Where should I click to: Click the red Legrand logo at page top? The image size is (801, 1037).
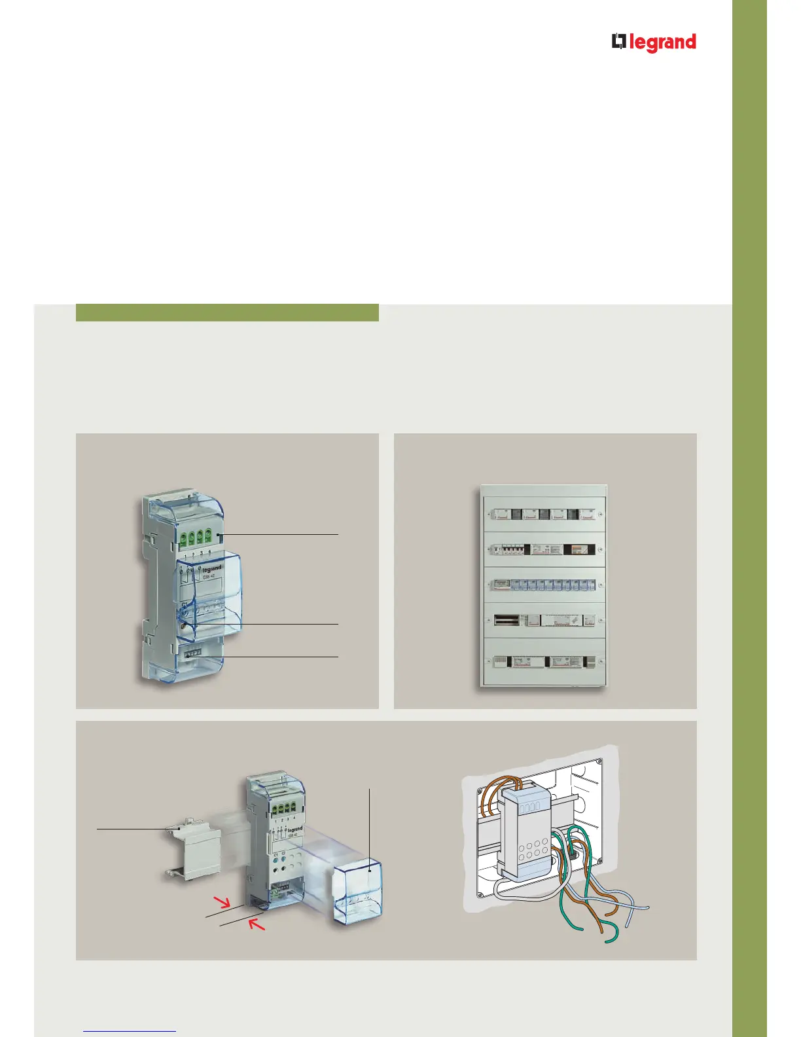coord(654,43)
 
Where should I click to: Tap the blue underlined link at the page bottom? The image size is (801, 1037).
coord(130,1030)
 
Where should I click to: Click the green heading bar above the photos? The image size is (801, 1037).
coord(227,312)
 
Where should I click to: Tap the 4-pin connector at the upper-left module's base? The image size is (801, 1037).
coord(192,653)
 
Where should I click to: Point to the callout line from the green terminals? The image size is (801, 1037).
coord(281,535)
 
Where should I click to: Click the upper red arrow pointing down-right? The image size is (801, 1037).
coord(224,903)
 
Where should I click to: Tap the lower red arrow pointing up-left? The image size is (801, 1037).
coord(257,925)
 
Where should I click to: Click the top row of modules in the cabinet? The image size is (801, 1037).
coord(544,515)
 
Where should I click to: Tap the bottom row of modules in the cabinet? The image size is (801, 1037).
coord(544,662)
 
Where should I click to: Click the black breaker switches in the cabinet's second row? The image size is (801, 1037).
coord(510,549)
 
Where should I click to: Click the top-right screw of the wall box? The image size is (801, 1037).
coord(597,762)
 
